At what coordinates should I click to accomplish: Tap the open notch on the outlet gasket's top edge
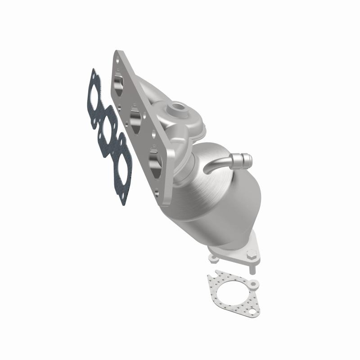coord(218,273)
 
